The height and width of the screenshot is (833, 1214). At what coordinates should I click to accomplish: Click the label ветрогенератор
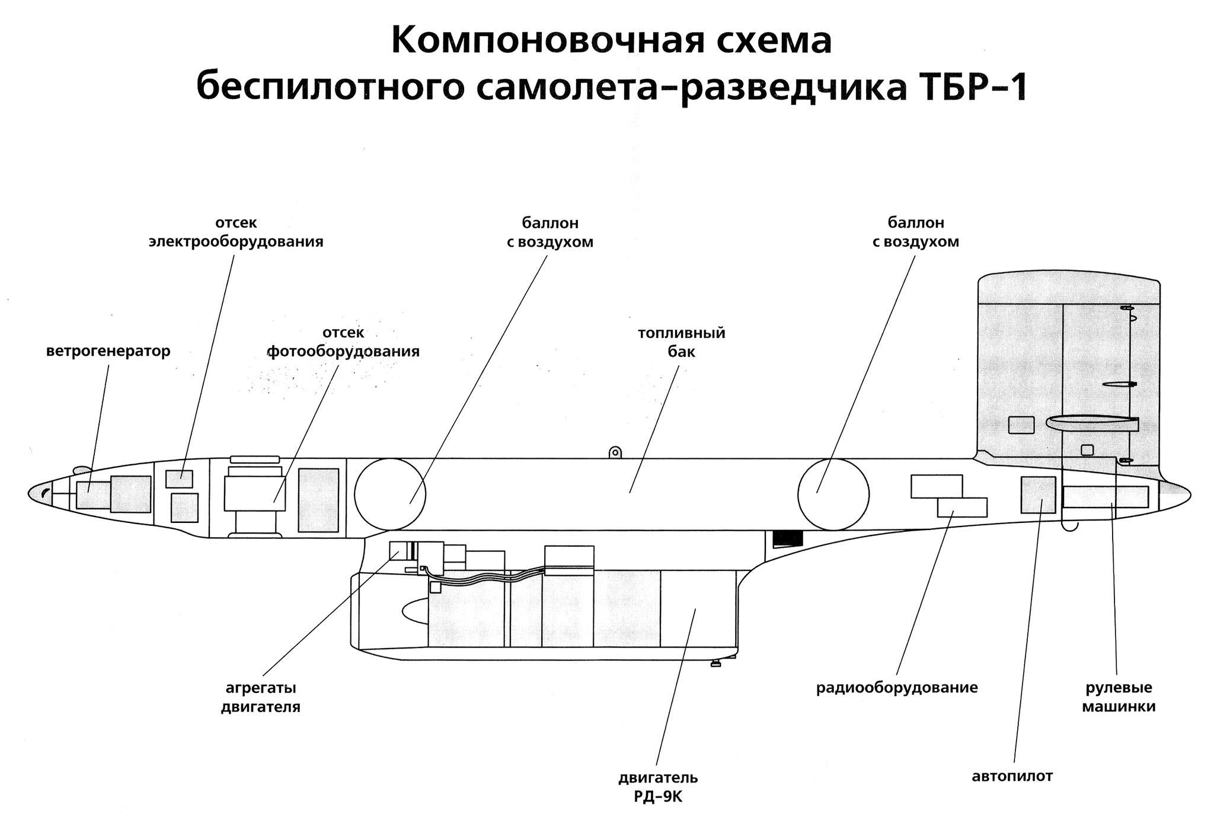click(108, 351)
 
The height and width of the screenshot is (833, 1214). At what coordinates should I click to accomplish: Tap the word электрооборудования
click(236, 242)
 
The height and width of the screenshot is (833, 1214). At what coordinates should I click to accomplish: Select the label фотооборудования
click(344, 352)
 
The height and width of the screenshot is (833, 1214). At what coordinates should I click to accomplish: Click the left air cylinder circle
click(390, 494)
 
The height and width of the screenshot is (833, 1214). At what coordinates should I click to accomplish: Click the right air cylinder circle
click(833, 494)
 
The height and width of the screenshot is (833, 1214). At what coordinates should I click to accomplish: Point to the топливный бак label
click(681, 342)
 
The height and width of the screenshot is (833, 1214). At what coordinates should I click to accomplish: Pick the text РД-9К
click(658, 797)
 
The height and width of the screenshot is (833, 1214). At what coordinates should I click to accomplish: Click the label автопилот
click(1012, 776)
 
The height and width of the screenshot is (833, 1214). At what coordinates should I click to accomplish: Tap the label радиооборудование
click(896, 688)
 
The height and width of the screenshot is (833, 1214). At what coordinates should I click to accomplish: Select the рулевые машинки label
click(1119, 697)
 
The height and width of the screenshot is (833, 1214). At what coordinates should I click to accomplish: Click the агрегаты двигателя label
click(261, 698)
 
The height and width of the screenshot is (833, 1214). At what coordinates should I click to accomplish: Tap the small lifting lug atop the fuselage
click(615, 453)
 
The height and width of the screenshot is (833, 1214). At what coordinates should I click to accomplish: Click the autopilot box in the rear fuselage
click(1037, 494)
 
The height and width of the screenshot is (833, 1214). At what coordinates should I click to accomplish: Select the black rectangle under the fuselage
click(788, 538)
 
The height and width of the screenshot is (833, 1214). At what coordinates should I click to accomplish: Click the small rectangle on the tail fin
click(1021, 425)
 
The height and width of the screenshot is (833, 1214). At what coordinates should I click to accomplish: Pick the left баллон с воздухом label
click(550, 232)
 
